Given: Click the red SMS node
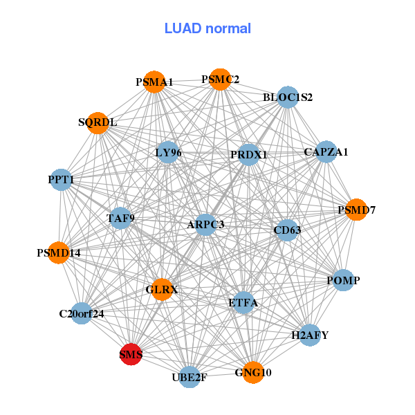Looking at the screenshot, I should [131, 355].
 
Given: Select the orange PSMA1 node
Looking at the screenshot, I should [154, 82].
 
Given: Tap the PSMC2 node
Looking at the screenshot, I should [220, 80].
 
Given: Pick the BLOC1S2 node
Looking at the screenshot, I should [288, 98].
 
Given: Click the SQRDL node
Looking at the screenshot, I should [98, 123].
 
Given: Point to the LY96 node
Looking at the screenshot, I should [168, 153].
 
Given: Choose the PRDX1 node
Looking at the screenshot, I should [248, 155].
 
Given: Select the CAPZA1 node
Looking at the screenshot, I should [326, 152].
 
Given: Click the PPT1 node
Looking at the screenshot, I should [61, 180].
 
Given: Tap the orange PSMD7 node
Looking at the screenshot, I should [356, 209].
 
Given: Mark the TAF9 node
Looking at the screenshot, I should [120, 219].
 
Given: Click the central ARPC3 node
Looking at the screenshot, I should [205, 224].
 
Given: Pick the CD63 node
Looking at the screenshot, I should [286, 230].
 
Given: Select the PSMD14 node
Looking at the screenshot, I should [59, 252].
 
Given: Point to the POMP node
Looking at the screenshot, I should [343, 281].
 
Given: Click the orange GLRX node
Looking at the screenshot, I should [162, 290].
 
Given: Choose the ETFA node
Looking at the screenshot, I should [243, 302].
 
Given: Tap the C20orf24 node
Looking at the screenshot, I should [82, 313].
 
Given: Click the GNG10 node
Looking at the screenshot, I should [253, 372].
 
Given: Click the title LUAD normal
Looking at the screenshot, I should [207, 28].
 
